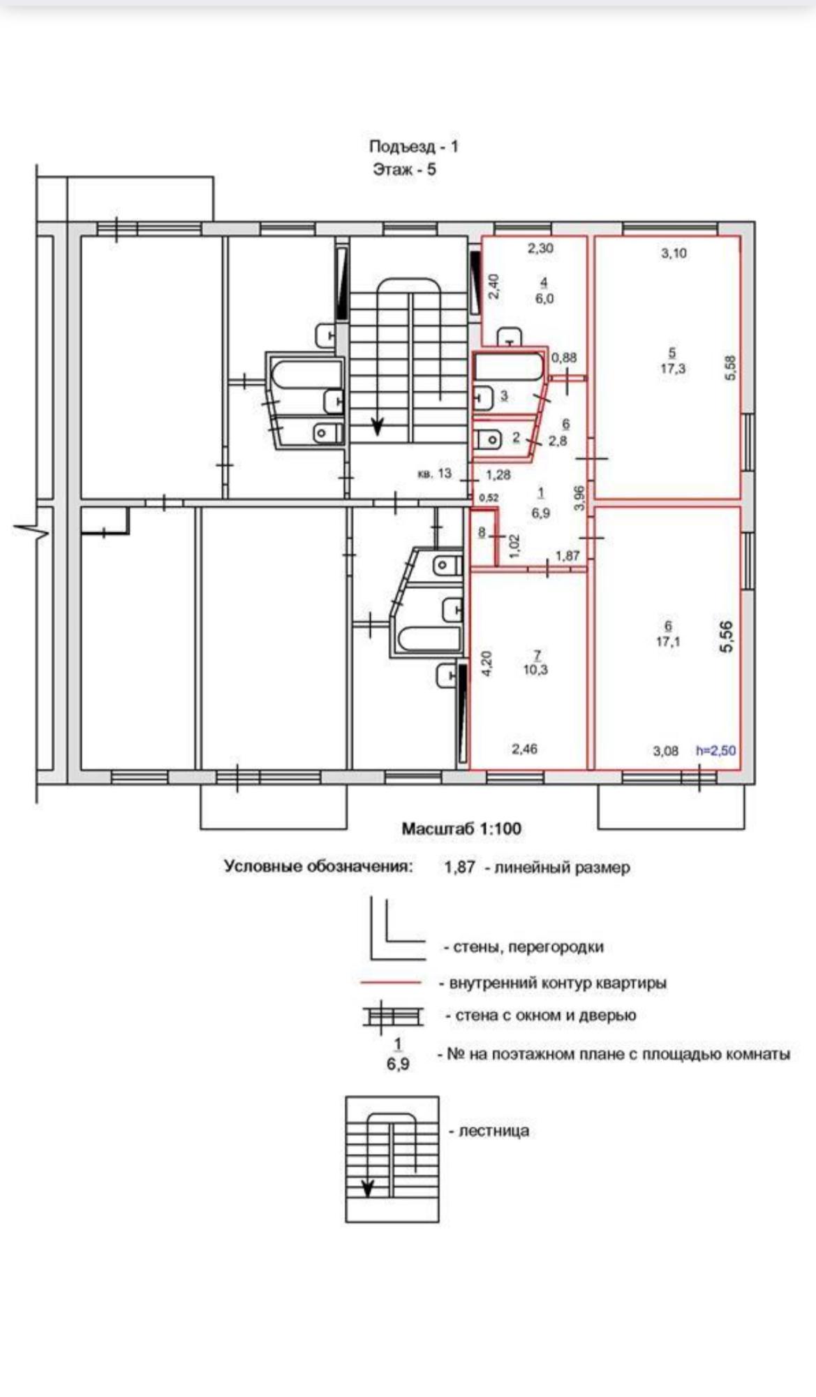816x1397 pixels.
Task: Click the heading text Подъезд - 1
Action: (413, 147)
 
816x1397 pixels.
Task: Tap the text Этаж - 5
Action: (404, 169)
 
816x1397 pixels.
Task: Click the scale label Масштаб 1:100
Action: (461, 829)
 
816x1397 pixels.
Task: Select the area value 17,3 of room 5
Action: (672, 368)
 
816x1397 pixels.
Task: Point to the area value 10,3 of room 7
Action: (535, 669)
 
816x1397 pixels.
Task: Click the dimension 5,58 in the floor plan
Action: (731, 368)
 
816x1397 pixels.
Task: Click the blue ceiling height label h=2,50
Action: (715, 751)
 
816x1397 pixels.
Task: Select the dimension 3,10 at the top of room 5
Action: (674, 254)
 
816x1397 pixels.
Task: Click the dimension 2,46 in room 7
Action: (524, 749)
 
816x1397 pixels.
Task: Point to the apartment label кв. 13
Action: (434, 474)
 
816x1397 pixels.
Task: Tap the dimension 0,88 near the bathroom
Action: (564, 358)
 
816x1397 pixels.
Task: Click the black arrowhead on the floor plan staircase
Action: (377, 425)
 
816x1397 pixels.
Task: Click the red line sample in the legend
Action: (392, 982)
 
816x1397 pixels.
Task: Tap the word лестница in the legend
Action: (494, 1130)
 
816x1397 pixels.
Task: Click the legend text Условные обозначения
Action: (318, 866)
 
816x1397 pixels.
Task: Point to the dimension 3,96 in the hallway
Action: (579, 498)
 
